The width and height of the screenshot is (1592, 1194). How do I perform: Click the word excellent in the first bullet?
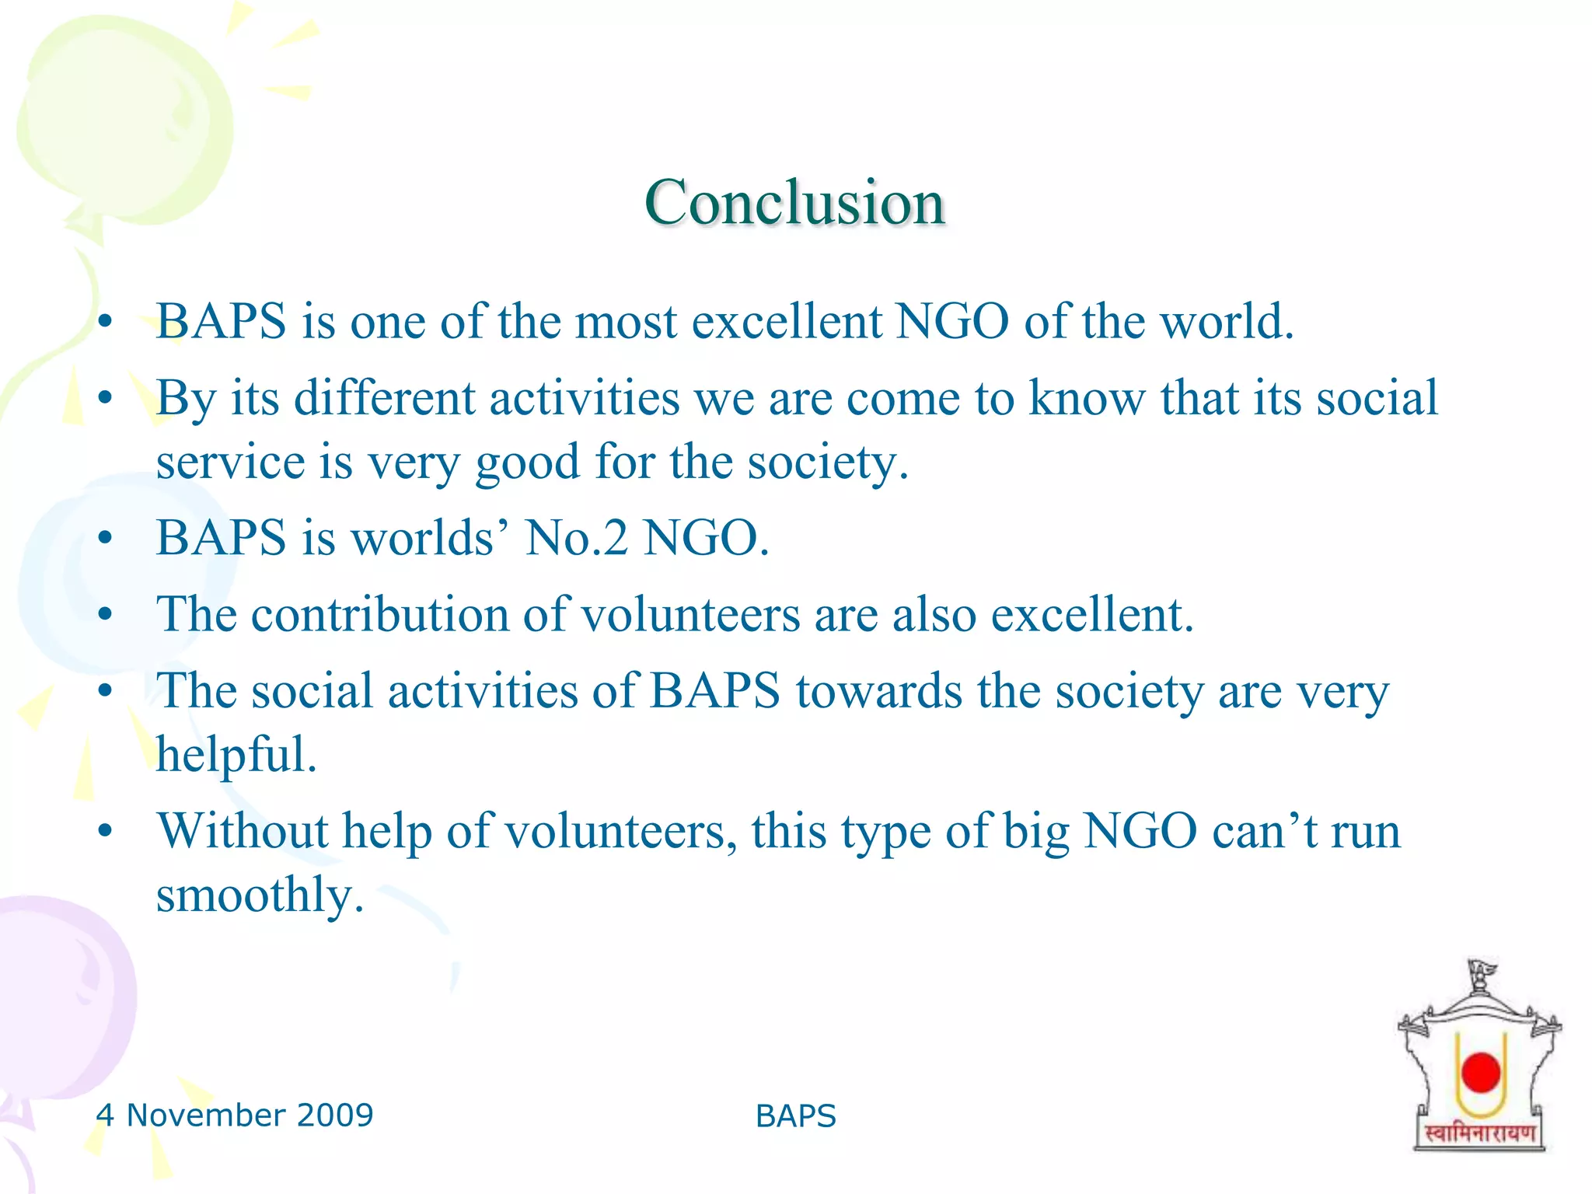pos(787,321)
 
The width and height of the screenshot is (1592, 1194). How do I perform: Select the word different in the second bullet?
pos(384,398)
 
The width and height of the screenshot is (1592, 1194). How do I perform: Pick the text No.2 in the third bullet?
pos(576,538)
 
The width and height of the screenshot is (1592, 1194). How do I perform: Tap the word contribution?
pos(379,614)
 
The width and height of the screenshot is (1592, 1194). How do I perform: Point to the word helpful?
pos(236,754)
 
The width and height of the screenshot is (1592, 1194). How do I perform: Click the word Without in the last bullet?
pos(243,830)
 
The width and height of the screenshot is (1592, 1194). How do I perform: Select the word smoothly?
pos(260,895)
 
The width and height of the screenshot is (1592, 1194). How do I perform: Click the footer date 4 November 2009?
pos(235,1115)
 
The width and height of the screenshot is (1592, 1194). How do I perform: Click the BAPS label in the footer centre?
pos(795,1116)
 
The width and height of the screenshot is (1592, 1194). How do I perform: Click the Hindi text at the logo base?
pos(1479,1133)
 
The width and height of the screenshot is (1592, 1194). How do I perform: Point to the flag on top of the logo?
pos(1482,972)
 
